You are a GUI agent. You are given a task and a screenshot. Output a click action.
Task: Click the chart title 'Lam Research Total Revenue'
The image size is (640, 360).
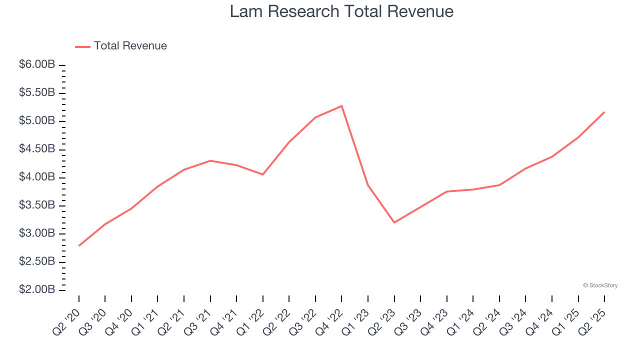pyautogui.click(x=341, y=11)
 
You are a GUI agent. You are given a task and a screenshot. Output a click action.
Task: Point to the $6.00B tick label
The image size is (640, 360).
pyautogui.click(x=37, y=65)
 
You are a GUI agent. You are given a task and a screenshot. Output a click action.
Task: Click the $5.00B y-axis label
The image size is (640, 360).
pyautogui.click(x=37, y=121)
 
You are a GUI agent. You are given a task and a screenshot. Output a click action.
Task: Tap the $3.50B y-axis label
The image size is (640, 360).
pyautogui.click(x=37, y=205)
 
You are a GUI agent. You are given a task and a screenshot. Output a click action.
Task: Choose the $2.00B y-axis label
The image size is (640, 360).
pyautogui.click(x=37, y=290)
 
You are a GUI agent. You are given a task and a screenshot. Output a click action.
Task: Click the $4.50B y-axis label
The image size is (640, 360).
pyautogui.click(x=37, y=149)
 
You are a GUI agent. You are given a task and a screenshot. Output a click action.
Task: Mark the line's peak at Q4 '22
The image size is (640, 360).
pyautogui.click(x=341, y=106)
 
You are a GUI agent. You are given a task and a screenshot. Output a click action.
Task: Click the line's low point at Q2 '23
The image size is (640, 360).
pyautogui.click(x=394, y=222)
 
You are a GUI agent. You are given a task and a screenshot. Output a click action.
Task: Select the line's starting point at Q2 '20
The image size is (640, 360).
pyautogui.click(x=79, y=245)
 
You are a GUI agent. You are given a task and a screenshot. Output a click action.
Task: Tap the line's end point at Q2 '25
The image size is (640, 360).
pyautogui.click(x=604, y=112)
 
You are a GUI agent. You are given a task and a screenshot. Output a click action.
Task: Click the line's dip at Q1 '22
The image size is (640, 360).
pyautogui.click(x=263, y=174)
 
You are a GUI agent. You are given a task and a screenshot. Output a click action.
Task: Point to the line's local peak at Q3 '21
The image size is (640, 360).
pyautogui.click(x=210, y=160)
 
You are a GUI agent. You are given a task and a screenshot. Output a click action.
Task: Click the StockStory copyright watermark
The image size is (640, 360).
pyautogui.click(x=600, y=285)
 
